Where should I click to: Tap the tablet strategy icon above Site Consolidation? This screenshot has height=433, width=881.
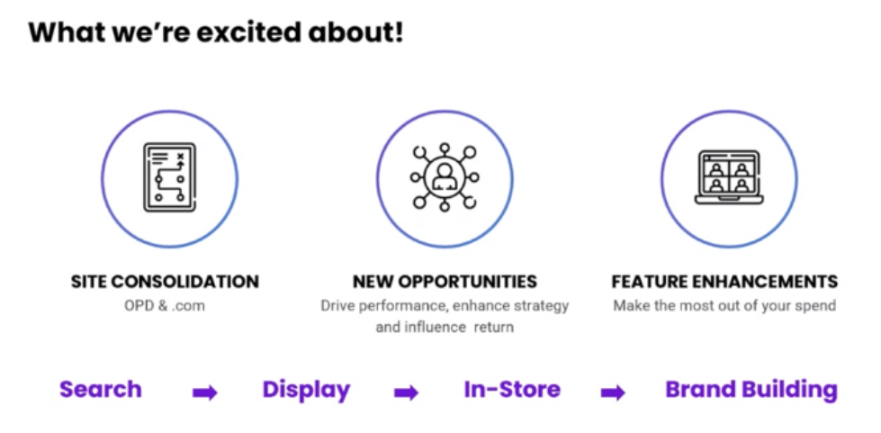170,177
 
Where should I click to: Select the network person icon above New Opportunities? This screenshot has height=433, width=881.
445,177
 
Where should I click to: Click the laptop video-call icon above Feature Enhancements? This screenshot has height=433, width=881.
729,177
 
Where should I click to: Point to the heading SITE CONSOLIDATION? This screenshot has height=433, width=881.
166,281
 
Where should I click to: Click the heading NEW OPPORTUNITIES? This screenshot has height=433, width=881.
445,281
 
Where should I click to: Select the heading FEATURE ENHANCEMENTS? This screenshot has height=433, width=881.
724,281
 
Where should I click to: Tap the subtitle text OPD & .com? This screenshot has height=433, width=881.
165,306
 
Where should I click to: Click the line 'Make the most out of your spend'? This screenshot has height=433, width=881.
724,306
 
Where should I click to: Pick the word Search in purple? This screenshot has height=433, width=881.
101,390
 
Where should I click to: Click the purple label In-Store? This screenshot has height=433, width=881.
512,390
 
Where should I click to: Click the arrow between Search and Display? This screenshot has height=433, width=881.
205,393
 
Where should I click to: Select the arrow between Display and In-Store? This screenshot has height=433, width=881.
406,393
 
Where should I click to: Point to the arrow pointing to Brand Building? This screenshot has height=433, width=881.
613,393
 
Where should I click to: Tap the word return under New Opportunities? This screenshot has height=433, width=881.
494,328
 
